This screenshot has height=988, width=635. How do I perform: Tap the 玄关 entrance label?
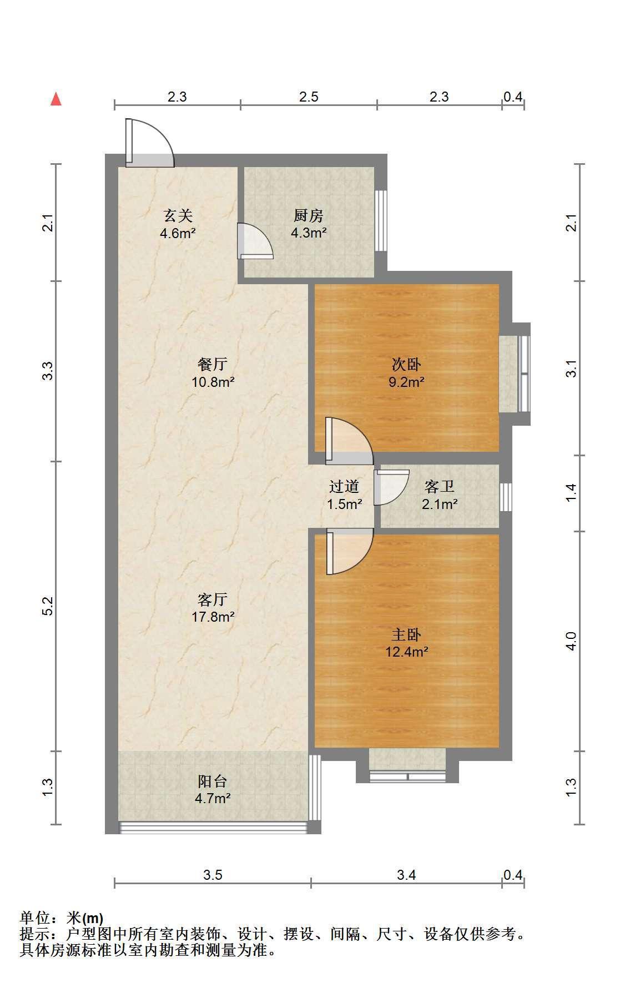pos(178,215)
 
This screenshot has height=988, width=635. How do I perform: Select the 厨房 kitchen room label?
pos(308,215)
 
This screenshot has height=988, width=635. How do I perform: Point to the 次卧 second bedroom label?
pos(406,365)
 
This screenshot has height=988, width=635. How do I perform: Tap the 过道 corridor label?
pos(344,487)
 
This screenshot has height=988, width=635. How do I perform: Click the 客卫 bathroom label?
pos(440,487)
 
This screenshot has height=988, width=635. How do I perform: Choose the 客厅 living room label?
pos(213,599)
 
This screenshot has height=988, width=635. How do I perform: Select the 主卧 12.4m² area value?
pos(407,652)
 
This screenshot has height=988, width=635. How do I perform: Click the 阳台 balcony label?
pos(213,782)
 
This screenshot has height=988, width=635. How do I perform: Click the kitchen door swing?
pos(255,241)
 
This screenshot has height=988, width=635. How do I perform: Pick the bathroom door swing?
pos(391,487)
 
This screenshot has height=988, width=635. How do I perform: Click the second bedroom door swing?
pos(349,441)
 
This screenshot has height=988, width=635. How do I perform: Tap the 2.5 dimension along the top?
pos(309,97)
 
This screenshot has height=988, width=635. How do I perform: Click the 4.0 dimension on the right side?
pos(572,641)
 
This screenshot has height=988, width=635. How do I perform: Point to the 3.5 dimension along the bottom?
pos(213,875)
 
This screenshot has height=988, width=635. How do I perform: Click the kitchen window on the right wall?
pos(380,221)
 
